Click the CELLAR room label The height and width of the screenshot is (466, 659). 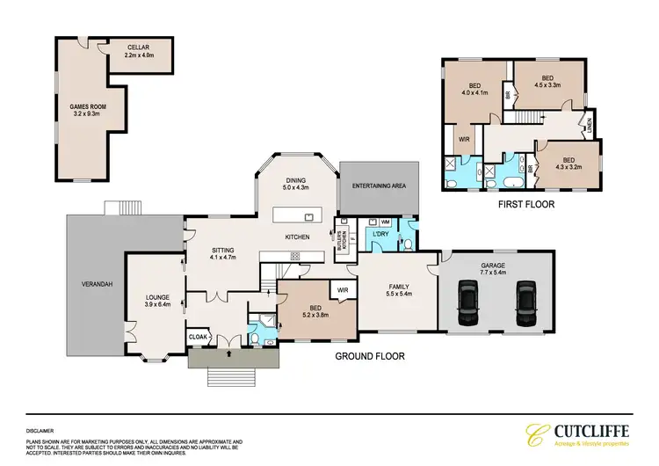pos(137,47)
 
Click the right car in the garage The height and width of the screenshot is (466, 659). pos(525,299)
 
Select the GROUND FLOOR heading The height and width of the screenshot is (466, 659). pos(370,357)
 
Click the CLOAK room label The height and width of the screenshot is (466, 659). pos(199,337)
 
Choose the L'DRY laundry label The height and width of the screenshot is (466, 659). pos(380,235)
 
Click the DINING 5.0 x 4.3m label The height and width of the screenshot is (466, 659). pos(295,183)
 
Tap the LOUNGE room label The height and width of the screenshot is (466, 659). pos(156,299)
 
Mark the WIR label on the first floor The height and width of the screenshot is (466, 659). pos(463,138)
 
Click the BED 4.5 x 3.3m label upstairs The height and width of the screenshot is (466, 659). pos(547,81)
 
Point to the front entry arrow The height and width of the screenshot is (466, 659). pos(230,354)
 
